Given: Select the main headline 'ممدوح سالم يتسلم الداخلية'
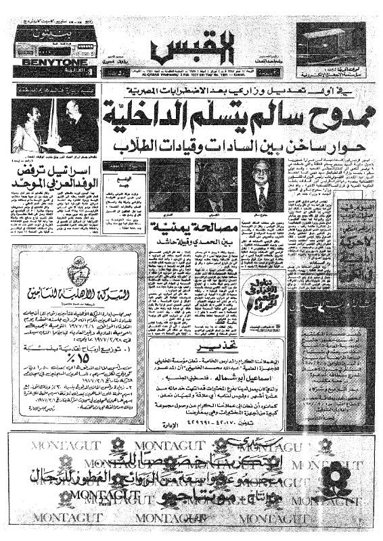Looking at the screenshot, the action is coord(226,112).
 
